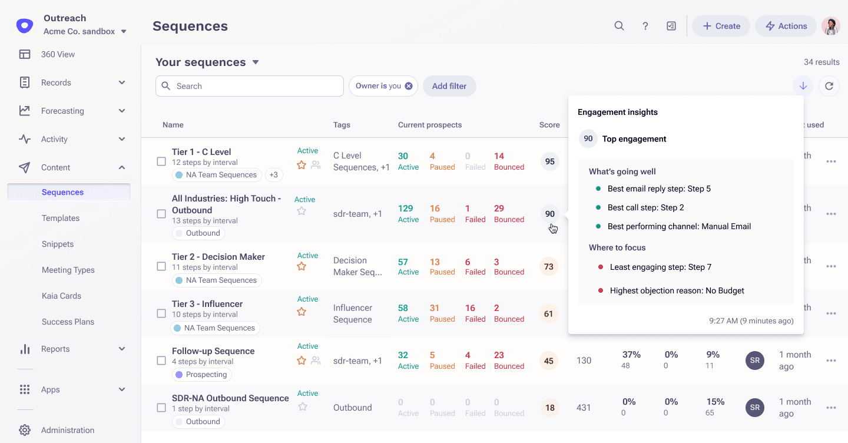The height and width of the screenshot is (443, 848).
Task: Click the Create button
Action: [721, 26]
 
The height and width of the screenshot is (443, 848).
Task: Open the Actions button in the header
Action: [786, 26]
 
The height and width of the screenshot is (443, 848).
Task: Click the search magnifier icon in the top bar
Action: [619, 26]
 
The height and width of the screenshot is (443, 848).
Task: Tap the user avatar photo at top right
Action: [830, 26]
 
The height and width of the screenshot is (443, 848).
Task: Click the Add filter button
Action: [449, 86]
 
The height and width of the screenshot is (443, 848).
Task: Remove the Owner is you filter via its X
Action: [409, 86]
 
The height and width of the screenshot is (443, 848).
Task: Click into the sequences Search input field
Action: [253, 86]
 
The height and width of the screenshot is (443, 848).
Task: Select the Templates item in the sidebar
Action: [61, 218]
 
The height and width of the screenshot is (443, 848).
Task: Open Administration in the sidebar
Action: [68, 430]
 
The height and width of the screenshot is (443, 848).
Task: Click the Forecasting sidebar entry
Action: [62, 111]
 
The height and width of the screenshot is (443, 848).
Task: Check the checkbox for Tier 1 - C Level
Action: [161, 161]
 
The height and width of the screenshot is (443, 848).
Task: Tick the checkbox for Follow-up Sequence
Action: [161, 361]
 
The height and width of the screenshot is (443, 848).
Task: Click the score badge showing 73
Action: [549, 267]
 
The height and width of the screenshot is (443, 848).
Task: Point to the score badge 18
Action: [549, 408]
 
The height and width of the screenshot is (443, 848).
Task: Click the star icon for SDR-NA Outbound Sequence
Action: [302, 406]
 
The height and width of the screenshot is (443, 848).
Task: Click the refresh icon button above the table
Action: [829, 86]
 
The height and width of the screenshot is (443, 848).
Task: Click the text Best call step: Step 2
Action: [645, 207]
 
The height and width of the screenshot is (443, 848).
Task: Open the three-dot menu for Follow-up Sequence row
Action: [831, 361]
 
